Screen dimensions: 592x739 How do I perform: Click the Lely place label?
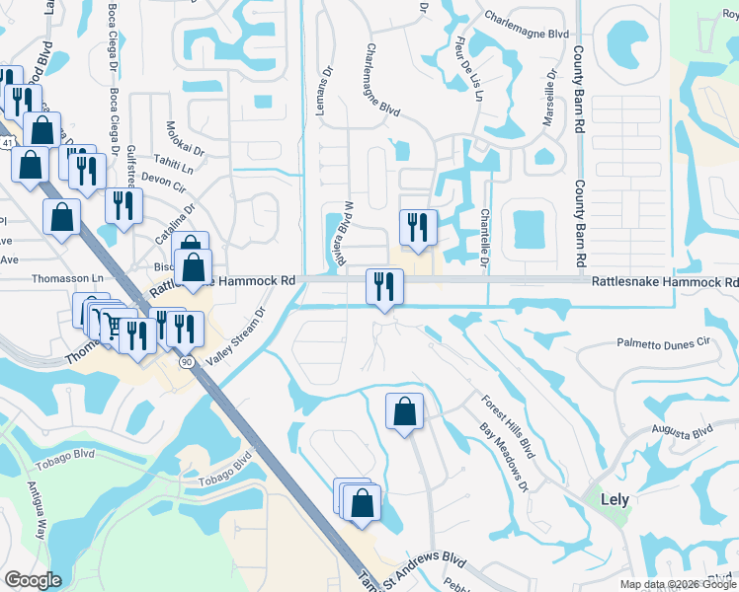pos(615,499)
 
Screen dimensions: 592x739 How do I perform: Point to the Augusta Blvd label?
pos(681,431)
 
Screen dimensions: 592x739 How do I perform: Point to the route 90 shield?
pos(186,362)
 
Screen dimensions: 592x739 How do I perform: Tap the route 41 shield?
pos(7,143)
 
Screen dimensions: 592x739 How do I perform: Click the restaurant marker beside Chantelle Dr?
pos(418,227)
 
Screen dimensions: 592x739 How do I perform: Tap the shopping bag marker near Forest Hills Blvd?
pos(404,410)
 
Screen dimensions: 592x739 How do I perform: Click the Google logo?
pos(34,580)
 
